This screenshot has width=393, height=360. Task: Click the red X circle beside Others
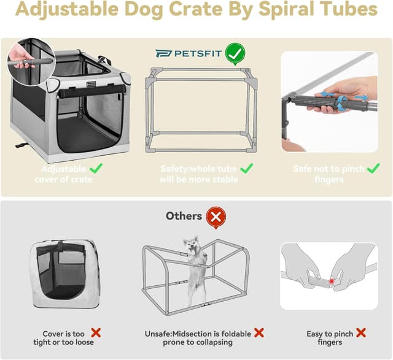point(216,216)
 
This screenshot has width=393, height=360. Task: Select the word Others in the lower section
point(184,216)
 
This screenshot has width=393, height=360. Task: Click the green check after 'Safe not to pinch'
point(373,168)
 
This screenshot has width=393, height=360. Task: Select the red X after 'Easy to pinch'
point(361,333)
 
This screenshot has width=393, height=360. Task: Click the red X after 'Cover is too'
point(96,333)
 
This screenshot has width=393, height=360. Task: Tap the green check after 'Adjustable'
point(96,167)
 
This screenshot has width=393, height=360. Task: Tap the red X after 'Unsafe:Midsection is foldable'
point(259,333)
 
